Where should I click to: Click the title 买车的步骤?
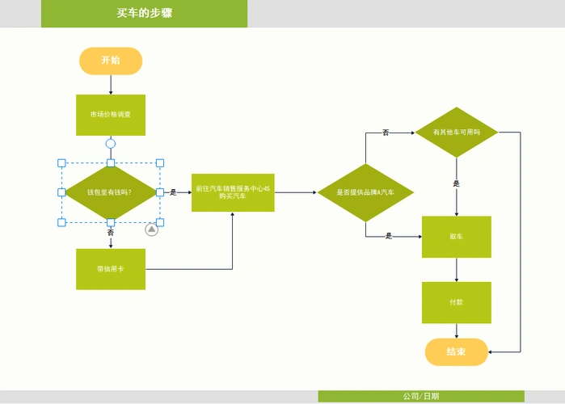click(144, 13)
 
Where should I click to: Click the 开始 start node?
click(111, 61)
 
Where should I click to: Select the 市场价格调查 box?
click(111, 115)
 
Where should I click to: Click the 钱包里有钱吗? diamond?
click(111, 192)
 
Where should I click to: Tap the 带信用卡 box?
click(111, 269)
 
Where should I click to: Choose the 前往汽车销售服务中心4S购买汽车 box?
click(233, 192)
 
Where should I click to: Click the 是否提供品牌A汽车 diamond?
click(365, 192)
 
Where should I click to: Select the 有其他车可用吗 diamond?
click(457, 132)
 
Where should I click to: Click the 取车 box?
click(457, 237)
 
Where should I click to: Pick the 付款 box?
click(457, 302)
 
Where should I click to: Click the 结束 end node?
click(457, 351)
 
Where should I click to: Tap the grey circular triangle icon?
click(151, 230)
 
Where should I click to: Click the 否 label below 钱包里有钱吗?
click(111, 233)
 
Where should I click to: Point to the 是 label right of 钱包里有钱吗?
click(173, 192)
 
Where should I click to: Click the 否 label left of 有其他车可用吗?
click(386, 132)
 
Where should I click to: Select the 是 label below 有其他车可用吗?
click(457, 183)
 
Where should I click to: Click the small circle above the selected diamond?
click(111, 144)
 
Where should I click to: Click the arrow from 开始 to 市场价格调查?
click(111, 84)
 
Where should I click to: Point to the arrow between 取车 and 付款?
click(457, 269)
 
